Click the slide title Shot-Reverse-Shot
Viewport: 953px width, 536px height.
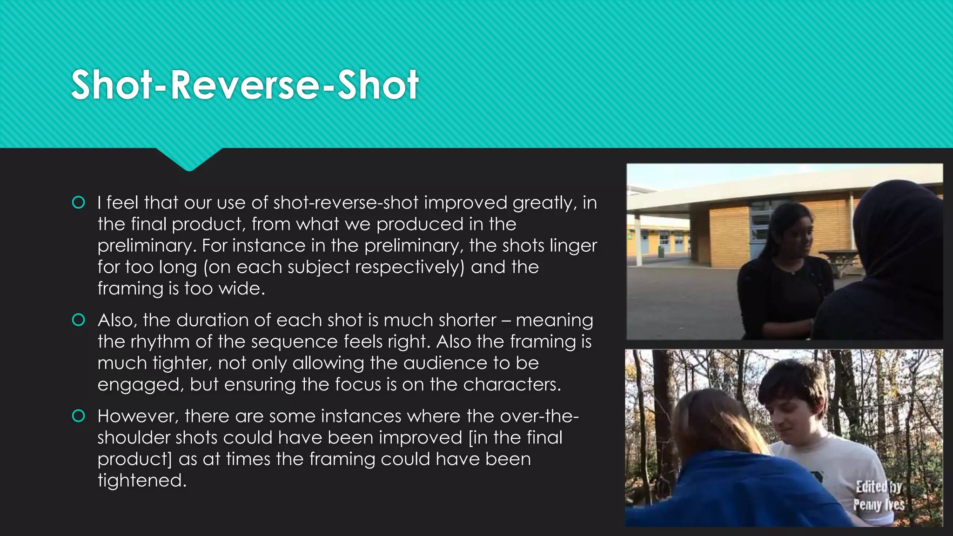[x=245, y=85]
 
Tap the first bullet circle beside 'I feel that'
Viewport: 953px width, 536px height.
[x=79, y=202]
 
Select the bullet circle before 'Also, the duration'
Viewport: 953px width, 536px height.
[x=79, y=320]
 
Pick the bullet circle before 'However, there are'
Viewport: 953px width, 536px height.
[x=79, y=416]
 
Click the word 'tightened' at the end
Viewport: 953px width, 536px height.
[x=141, y=480]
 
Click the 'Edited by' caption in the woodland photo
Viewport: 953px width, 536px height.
[x=879, y=487]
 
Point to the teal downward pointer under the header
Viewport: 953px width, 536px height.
[x=189, y=160]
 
